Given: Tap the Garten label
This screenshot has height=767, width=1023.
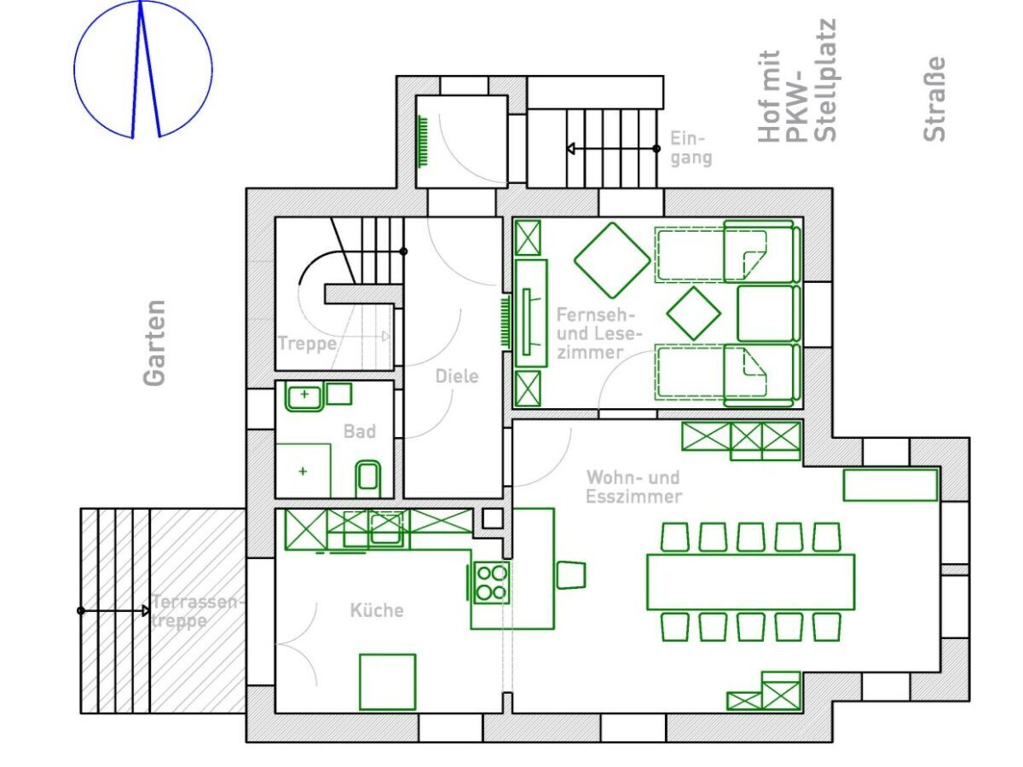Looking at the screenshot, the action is click(x=155, y=342).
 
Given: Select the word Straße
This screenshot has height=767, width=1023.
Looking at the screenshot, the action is click(x=935, y=99).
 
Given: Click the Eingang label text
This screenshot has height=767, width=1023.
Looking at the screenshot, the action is click(x=691, y=148).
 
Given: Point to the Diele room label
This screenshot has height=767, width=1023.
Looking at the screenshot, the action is click(x=457, y=376).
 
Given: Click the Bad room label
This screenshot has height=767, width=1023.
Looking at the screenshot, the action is click(x=360, y=431).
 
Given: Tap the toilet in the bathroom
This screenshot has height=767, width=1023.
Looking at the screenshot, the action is click(x=368, y=478).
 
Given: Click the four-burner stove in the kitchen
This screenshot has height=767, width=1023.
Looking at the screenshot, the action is click(x=491, y=582).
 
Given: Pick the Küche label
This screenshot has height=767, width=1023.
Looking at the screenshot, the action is click(x=377, y=610).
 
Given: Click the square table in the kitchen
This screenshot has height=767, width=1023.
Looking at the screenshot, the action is click(x=387, y=682).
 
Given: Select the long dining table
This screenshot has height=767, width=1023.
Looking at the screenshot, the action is click(x=751, y=582).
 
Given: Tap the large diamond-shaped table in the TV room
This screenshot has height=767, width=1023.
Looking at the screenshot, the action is click(x=612, y=260).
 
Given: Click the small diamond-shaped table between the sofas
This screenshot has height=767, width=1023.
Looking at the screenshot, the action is click(x=693, y=313).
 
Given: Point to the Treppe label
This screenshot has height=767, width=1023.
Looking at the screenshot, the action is click(x=307, y=344).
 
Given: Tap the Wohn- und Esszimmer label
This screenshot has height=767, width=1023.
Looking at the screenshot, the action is click(x=634, y=487).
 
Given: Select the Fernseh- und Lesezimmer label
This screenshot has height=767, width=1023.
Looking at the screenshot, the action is click(x=599, y=333).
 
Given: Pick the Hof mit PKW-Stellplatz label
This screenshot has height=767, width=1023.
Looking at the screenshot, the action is click(x=797, y=81).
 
